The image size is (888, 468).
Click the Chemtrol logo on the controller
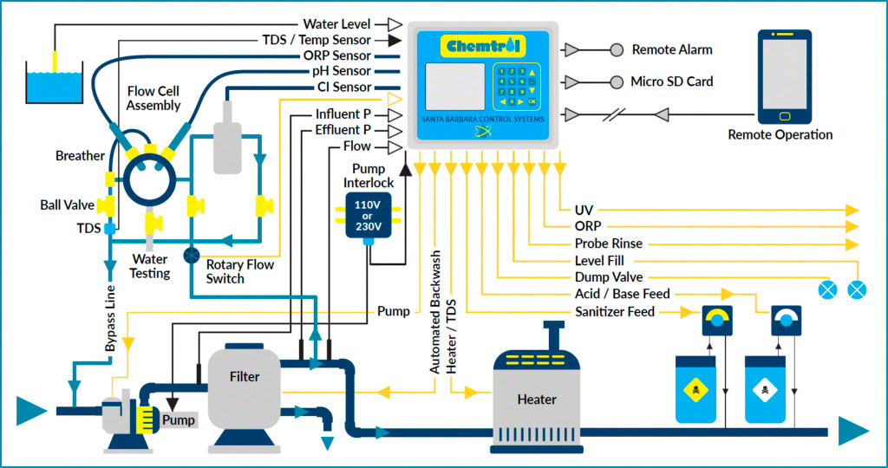(x=482, y=45)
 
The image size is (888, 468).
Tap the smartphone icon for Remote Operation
(x=784, y=78)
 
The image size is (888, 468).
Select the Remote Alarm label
(x=672, y=50)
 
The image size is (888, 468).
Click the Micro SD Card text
(x=672, y=81)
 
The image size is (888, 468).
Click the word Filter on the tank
(x=245, y=377)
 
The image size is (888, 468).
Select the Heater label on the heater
(x=537, y=400)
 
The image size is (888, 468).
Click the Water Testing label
(x=149, y=266)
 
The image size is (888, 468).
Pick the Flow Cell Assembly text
(x=153, y=98)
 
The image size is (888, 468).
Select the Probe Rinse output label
(x=608, y=244)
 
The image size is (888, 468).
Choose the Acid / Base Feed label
(x=622, y=295)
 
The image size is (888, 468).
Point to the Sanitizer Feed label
(x=615, y=311)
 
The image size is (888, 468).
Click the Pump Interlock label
(x=369, y=174)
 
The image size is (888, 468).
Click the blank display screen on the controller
(x=454, y=86)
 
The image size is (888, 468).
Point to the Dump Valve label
(x=609, y=277)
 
